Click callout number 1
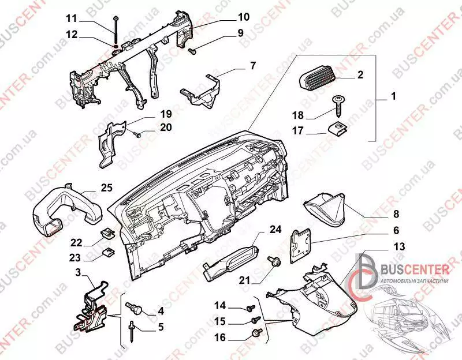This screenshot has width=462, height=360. tap(393, 97)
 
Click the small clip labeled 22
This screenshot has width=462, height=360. tap(108, 233)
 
